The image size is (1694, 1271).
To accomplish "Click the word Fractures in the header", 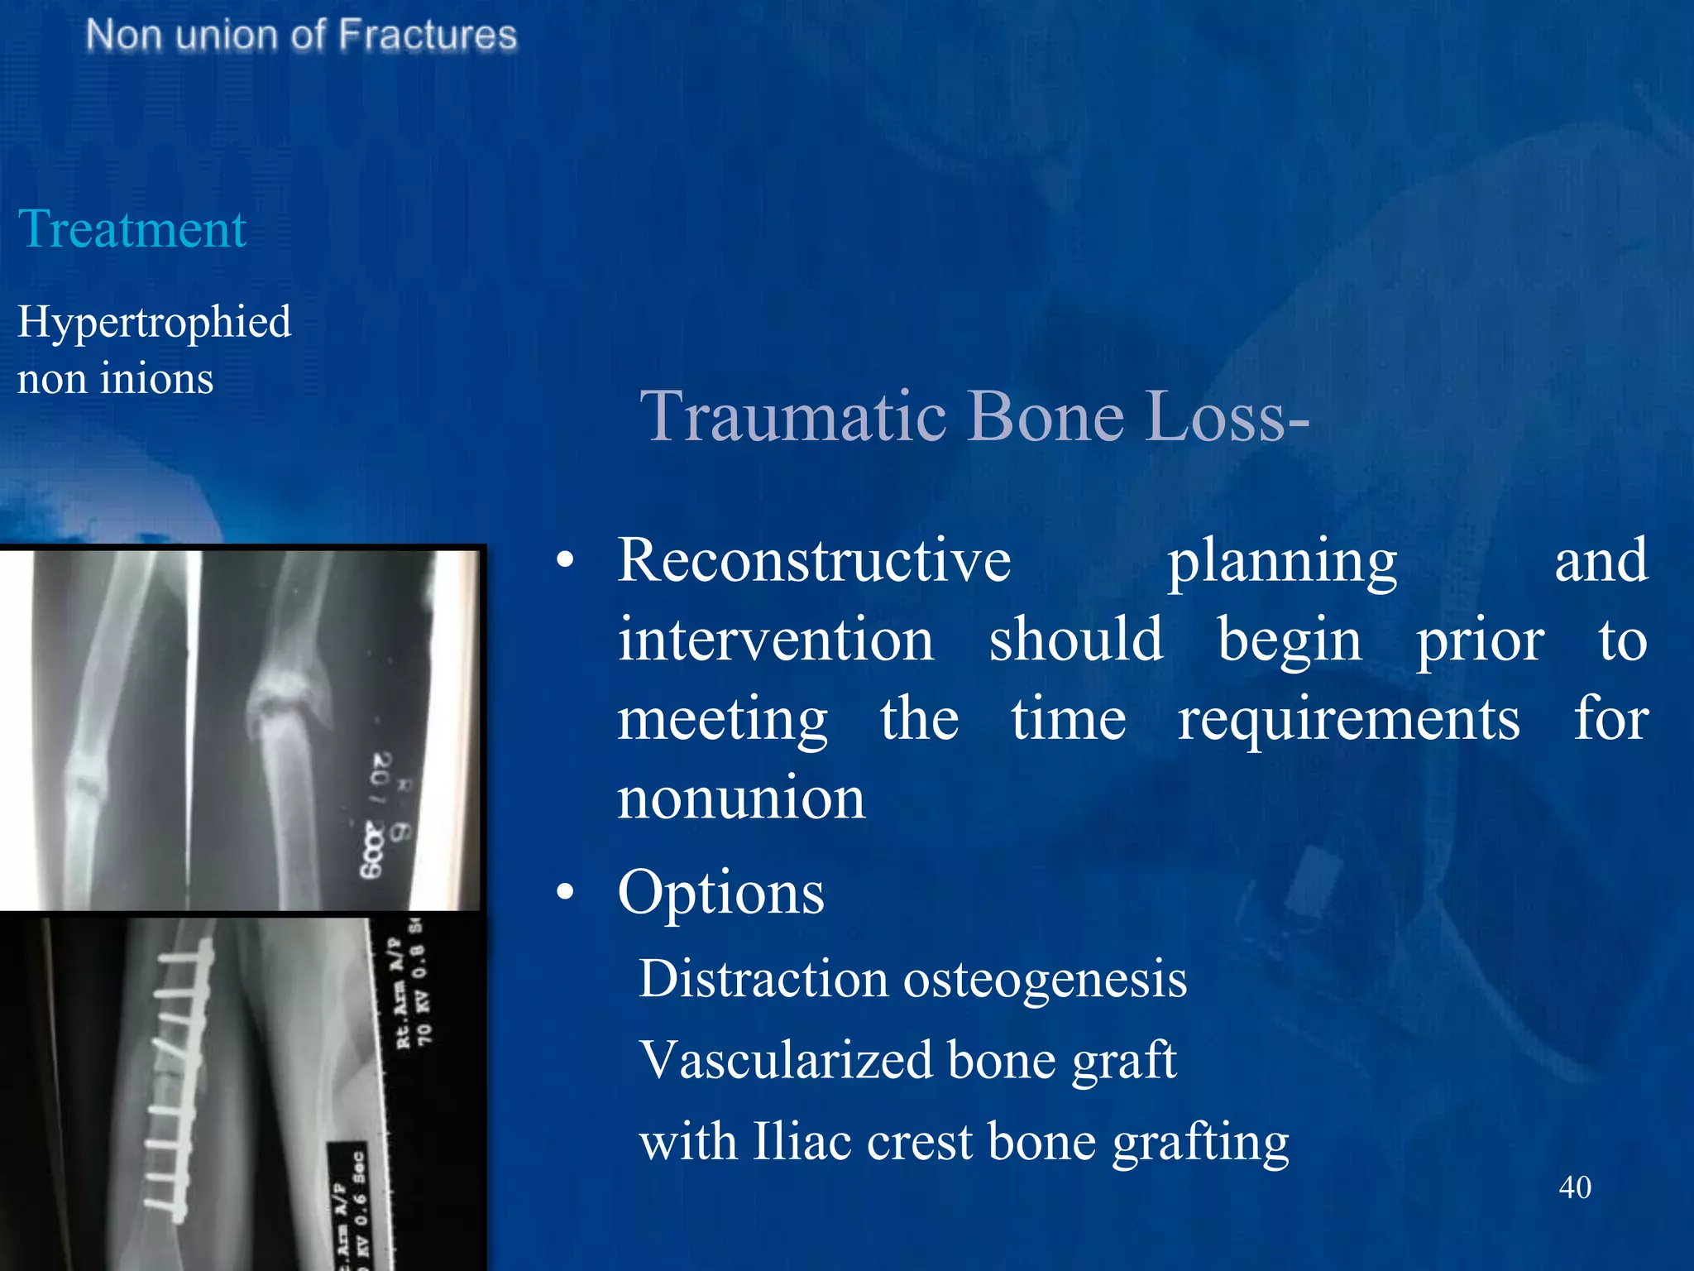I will [427, 36].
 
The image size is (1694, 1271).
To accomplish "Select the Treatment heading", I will [132, 229].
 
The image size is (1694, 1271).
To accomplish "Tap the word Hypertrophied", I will [154, 323].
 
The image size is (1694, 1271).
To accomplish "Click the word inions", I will [156, 379].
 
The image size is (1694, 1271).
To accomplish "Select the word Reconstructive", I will [814, 561].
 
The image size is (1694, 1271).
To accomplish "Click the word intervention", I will [776, 640].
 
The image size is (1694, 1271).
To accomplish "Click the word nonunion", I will [741, 799].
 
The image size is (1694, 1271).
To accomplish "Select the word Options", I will [720, 894].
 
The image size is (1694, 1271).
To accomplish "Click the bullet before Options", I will [565, 892].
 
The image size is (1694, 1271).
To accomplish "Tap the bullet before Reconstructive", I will [565, 560].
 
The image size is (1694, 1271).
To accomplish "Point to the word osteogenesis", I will [1045, 981].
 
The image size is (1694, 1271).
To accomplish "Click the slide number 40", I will [1574, 1187].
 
